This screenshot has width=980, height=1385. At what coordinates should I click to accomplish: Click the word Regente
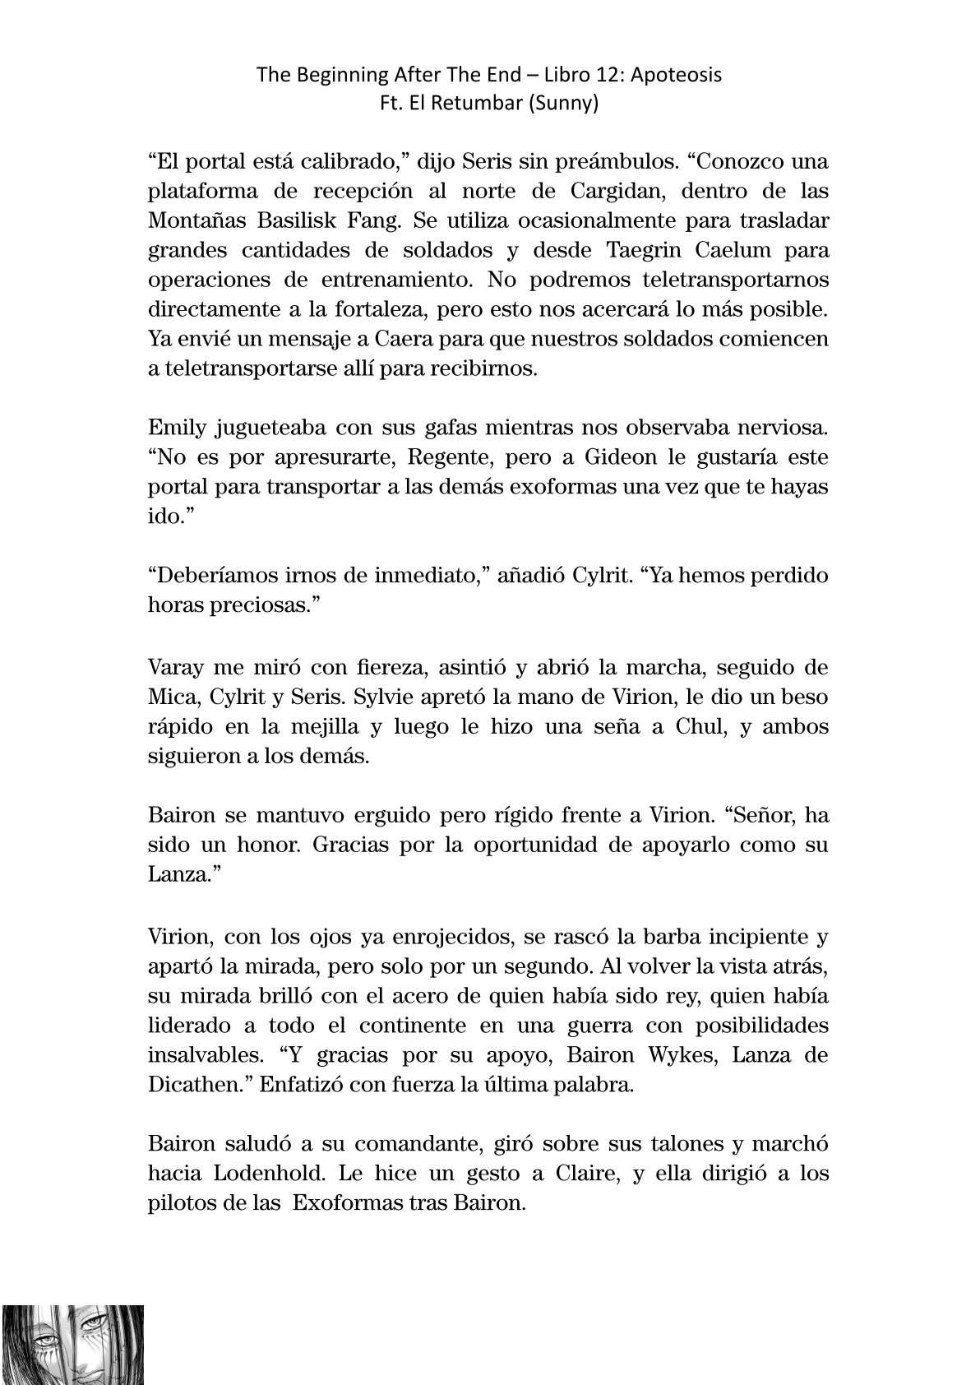446,456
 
